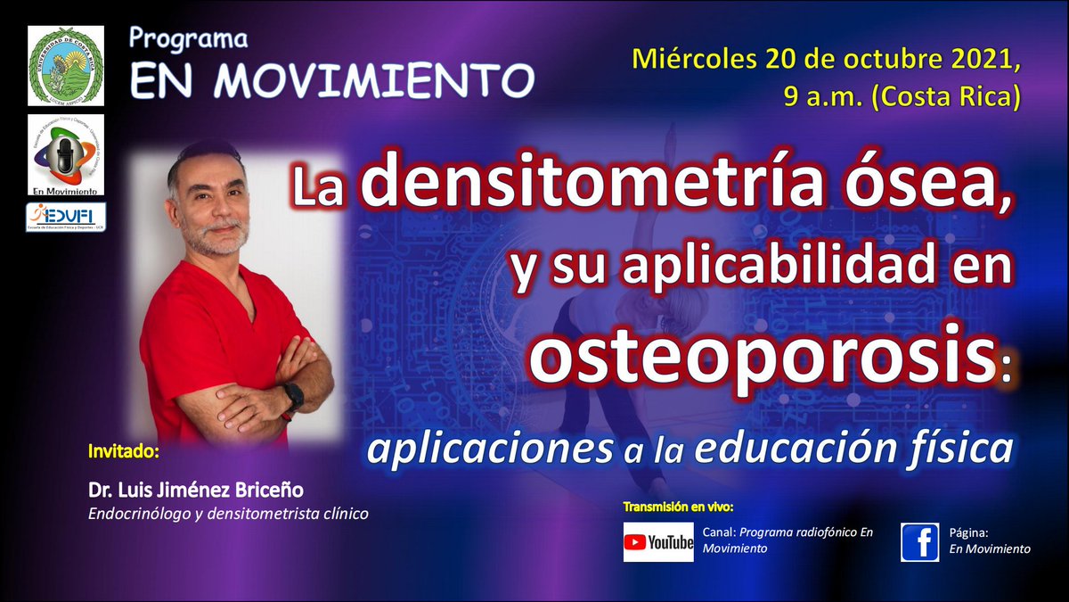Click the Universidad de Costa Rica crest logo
coord(66,64)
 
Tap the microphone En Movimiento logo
coord(66,153)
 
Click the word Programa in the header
coord(188,39)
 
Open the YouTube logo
coord(657,541)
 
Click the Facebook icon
coord(919,541)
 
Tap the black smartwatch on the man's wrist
coord(291,397)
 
